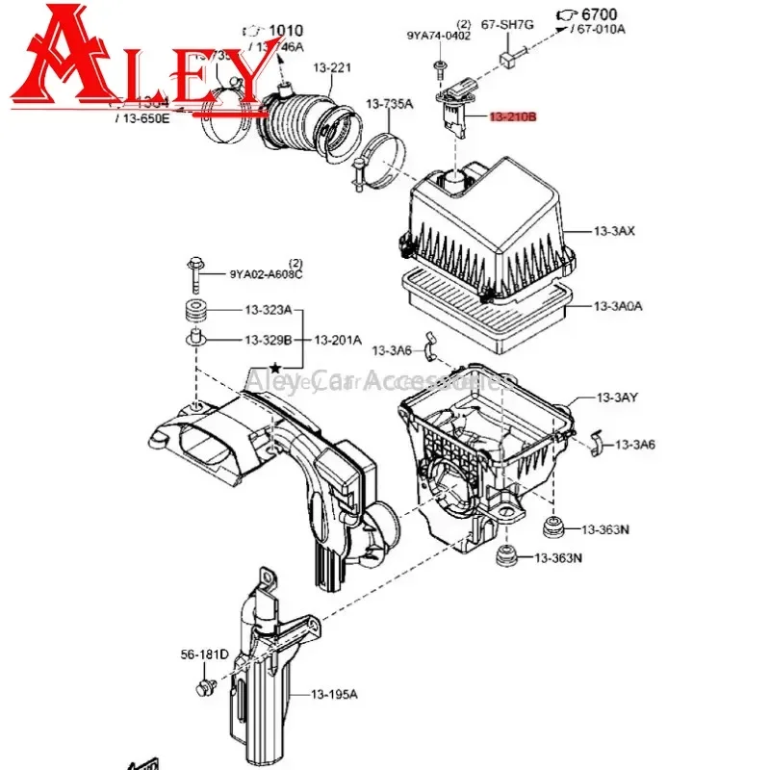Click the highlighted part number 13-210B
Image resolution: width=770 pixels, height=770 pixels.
(512, 117)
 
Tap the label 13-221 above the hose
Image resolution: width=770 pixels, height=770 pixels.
(332, 68)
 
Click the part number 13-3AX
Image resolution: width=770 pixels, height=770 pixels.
(616, 232)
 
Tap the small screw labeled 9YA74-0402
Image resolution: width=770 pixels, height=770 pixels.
(440, 66)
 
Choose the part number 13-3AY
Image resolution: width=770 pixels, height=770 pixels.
(617, 398)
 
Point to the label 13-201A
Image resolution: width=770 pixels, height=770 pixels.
(338, 340)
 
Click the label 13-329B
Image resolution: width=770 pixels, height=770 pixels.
(267, 340)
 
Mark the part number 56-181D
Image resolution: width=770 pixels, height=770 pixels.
(204, 654)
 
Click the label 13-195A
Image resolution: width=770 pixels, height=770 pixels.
(334, 694)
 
